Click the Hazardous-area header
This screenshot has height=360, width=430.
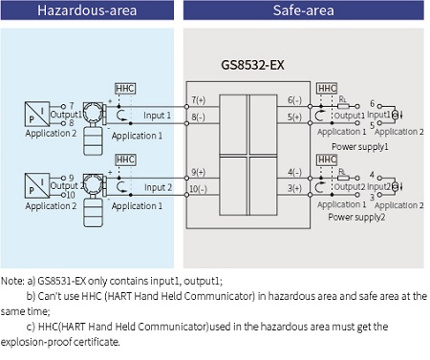[x=87, y=11]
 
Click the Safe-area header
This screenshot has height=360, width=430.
[x=305, y=11]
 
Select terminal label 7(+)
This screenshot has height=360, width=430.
[x=199, y=99]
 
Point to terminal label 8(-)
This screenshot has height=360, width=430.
[x=199, y=116]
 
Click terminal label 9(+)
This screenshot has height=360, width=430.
[x=199, y=171]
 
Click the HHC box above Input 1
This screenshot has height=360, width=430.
[x=124, y=88]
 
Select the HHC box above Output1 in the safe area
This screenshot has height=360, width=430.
[x=327, y=88]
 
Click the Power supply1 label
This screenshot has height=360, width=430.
[x=359, y=146]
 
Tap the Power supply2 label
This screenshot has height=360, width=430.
[x=359, y=217]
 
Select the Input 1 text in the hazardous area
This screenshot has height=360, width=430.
[x=158, y=116]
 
